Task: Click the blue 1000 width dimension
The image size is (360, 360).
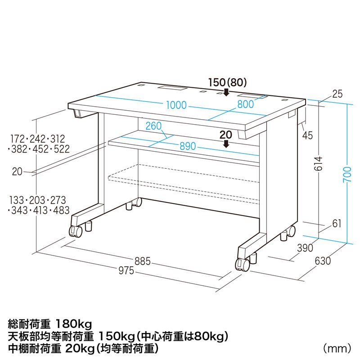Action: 176,105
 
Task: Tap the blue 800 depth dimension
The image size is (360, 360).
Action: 245,104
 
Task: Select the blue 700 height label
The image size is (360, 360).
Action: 347,175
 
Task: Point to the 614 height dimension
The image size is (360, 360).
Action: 319,164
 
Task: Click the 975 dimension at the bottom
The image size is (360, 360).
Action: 126,270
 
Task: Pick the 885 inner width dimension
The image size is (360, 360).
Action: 142,261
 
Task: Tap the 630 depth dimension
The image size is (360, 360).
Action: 323,261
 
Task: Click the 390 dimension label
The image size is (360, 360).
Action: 305,248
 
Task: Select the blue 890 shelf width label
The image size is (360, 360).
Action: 188,146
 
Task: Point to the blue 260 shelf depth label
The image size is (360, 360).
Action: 153,126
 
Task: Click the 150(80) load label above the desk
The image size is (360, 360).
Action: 228,83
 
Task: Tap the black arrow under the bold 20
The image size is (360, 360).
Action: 226,144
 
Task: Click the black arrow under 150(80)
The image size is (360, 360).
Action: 226,92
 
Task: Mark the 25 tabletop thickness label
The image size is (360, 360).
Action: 337,94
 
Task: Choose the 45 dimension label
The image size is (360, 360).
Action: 307,135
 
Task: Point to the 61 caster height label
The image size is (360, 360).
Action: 337,223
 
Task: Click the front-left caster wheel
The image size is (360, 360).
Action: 76,231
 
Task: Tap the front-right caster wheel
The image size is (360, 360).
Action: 243,264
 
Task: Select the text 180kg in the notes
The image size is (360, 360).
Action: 74,324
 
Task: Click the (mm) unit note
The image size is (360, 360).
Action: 337,348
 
